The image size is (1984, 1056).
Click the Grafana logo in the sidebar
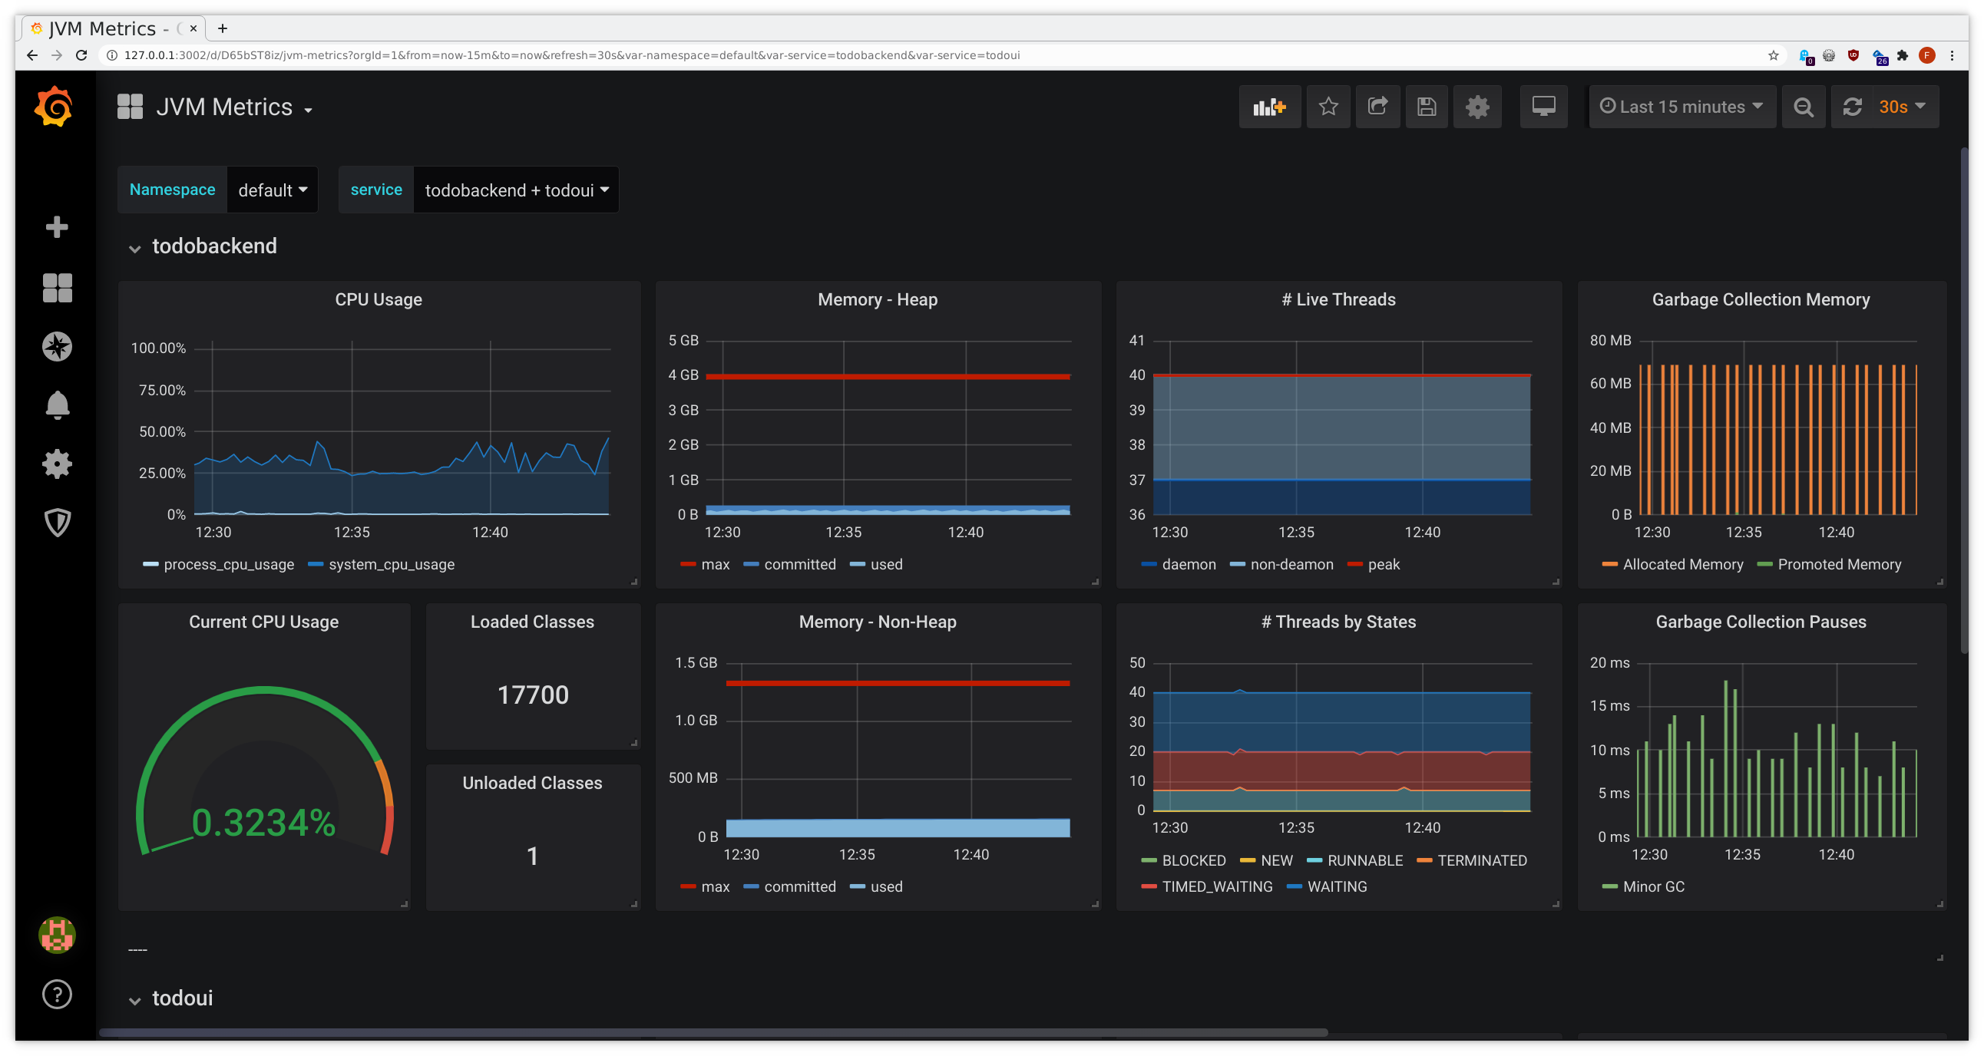click(54, 107)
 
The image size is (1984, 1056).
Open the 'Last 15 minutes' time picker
click(1681, 107)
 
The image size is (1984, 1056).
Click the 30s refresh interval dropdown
click(1901, 107)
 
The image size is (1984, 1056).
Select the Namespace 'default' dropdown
click(272, 190)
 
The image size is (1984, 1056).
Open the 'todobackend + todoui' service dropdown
click(516, 190)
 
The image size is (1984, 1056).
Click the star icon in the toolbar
click(1328, 107)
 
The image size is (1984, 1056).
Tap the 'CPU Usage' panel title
click(379, 299)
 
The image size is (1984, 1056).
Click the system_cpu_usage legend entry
click(391, 564)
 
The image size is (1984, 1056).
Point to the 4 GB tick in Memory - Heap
click(683, 375)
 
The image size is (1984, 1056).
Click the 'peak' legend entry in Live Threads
click(1383, 564)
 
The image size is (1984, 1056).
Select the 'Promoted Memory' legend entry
click(1838, 564)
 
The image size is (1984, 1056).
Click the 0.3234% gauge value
click(263, 822)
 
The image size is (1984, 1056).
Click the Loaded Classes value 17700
click(532, 695)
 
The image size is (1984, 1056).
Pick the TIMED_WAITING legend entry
click(1216, 886)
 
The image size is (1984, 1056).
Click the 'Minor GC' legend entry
click(1653, 886)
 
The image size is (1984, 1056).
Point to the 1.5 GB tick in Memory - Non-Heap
click(696, 663)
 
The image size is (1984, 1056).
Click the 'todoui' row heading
click(182, 998)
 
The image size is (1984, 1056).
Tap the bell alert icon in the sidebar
click(57, 405)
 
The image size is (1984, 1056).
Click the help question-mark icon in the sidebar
click(57, 995)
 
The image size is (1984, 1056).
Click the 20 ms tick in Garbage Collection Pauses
click(1609, 663)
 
